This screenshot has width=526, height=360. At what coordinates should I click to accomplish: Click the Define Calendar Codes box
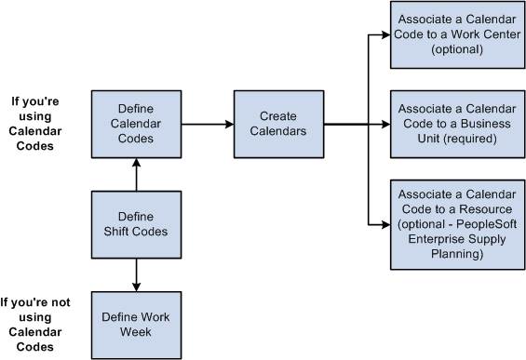tap(136, 123)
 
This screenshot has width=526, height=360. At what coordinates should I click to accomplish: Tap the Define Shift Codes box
tap(136, 224)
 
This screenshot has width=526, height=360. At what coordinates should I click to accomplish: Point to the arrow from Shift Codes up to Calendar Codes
tap(137, 173)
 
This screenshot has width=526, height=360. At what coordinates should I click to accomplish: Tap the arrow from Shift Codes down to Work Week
tap(137, 274)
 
